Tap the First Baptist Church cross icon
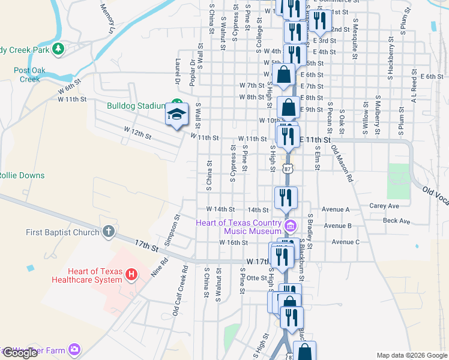coord(108,231)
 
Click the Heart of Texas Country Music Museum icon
coord(291,226)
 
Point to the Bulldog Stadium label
coord(136,106)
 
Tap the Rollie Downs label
coord(22,175)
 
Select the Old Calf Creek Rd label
coord(181,290)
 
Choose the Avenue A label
coord(336,209)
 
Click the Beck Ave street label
coord(396,221)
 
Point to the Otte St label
coord(256,278)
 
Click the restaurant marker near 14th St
coord(285,197)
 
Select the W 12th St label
coord(137,132)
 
